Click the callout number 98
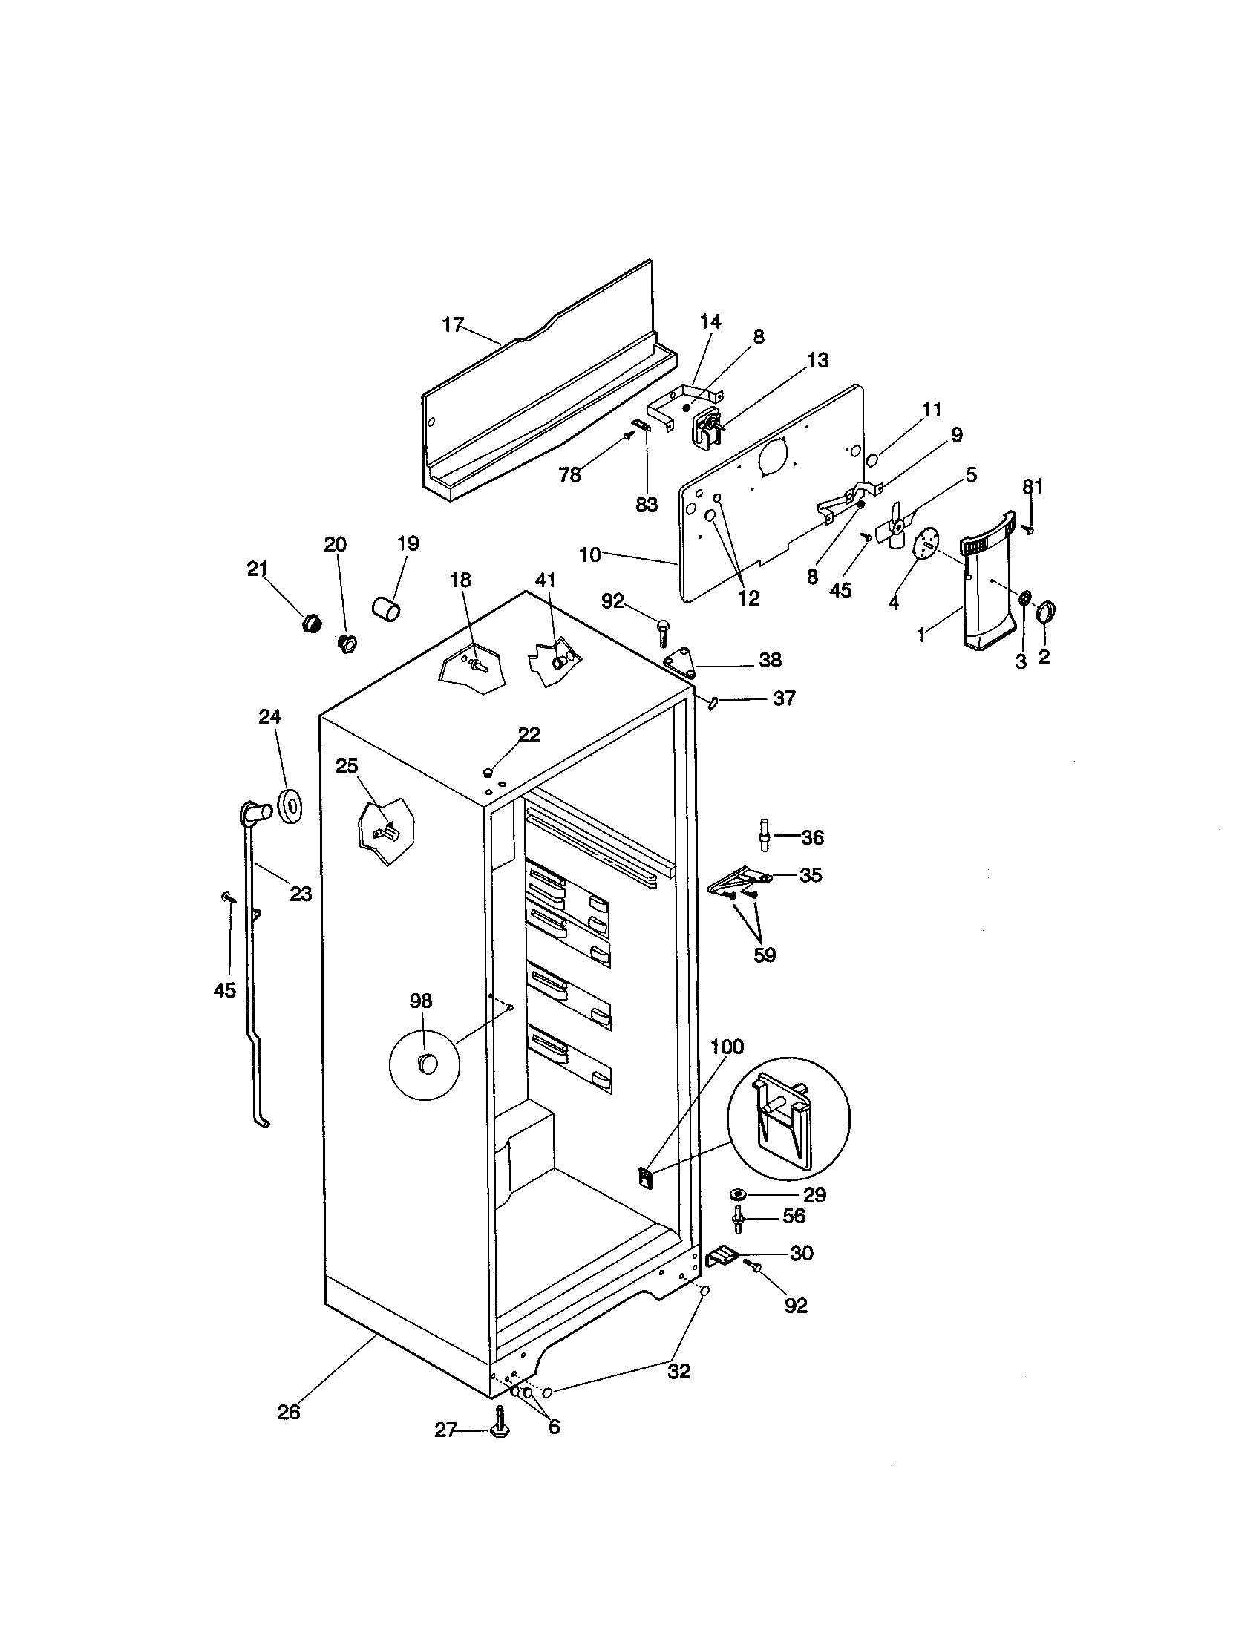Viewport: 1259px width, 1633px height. pos(421,1001)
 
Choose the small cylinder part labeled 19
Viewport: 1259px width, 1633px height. pos(386,607)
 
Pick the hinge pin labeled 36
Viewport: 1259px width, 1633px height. pos(764,835)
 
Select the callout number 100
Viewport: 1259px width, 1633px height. pos(727,1047)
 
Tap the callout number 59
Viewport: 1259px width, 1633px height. pos(764,955)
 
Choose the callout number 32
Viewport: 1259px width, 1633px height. pos(678,1371)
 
